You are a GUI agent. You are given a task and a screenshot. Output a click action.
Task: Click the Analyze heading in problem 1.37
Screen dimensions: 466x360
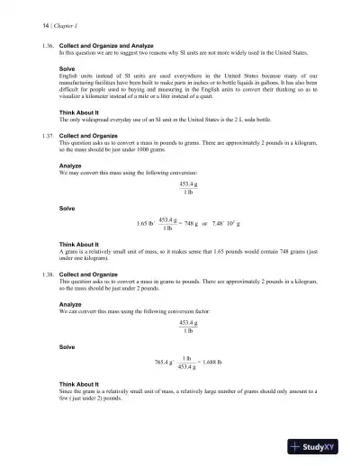tap(69, 166)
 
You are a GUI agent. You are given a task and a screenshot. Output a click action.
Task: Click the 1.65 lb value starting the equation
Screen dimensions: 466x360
tap(142, 223)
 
